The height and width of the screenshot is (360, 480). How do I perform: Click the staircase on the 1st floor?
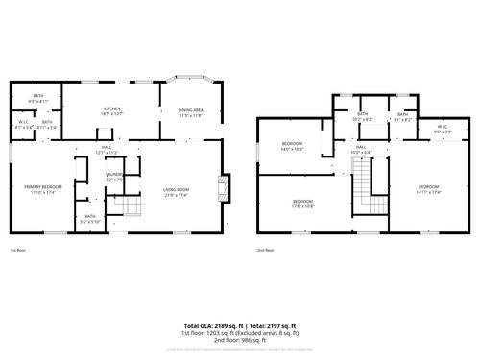[x=120, y=205]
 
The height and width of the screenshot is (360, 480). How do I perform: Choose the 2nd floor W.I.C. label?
[x=443, y=128]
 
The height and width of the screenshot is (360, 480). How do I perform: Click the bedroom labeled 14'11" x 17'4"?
[x=428, y=188]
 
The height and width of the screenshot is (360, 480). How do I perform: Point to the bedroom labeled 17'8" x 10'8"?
[x=304, y=204]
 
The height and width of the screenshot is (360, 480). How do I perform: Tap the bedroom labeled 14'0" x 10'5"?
[x=292, y=147]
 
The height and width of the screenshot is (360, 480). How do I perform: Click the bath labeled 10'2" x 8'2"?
[x=363, y=117]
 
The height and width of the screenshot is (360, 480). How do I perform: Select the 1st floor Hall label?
[x=106, y=149]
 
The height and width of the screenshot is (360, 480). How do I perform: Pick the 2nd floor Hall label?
[x=361, y=150]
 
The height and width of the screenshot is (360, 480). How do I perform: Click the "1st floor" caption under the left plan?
[x=18, y=250]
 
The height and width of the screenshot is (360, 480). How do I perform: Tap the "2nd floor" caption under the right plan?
[x=265, y=250]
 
